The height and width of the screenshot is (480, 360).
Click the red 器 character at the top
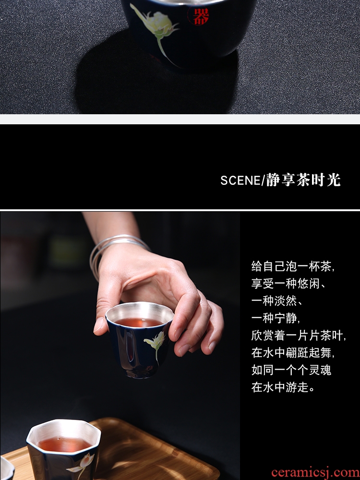point(201,16)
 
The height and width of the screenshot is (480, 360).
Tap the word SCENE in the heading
point(240,180)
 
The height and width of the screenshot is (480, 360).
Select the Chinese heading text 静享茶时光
point(303,180)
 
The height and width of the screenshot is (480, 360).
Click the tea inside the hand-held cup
point(139,322)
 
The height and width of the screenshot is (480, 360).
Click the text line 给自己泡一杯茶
point(292,266)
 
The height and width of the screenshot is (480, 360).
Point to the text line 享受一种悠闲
point(288,284)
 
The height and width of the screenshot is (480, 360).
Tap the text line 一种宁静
point(276,318)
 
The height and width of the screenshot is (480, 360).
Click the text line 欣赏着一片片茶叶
point(299,336)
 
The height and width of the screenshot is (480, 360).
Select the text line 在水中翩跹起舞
point(293,353)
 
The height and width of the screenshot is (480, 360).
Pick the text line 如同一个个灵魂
point(291,370)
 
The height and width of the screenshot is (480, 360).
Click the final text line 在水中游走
point(283,387)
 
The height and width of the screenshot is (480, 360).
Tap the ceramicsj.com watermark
point(315,473)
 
